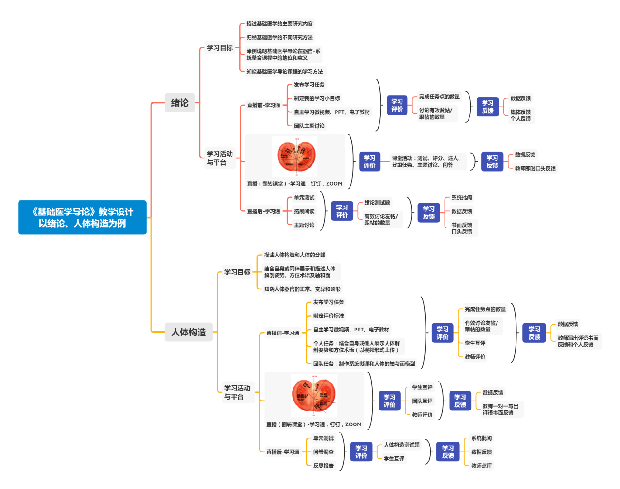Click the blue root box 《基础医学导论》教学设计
click(82, 218)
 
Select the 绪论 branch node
click(180, 103)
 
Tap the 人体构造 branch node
click(188, 332)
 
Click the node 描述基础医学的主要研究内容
click(279, 23)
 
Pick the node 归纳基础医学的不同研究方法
click(279, 37)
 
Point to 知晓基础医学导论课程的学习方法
click(285, 71)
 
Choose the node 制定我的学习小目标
click(317, 98)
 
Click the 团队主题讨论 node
click(309, 126)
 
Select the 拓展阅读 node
click(304, 211)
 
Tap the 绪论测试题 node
click(377, 203)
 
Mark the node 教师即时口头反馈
click(535, 168)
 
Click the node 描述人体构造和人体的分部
click(294, 255)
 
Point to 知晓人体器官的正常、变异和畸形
click(302, 289)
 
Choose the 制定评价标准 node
click(328, 316)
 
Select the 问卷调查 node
click(323, 452)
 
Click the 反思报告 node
click(323, 466)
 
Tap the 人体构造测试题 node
click(402, 445)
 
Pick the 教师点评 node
click(482, 466)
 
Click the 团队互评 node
click(422, 401)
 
